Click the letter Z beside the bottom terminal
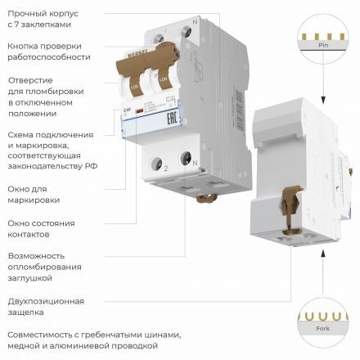click(x=165, y=165)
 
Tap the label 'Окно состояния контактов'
click(x=41, y=228)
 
